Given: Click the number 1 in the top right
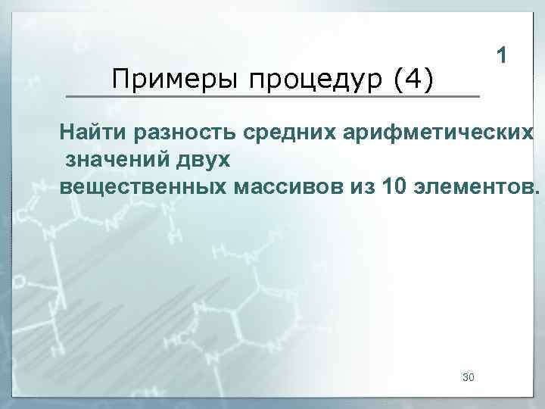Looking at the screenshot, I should coord(502,55).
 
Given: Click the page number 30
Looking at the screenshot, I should coord(468,376).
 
